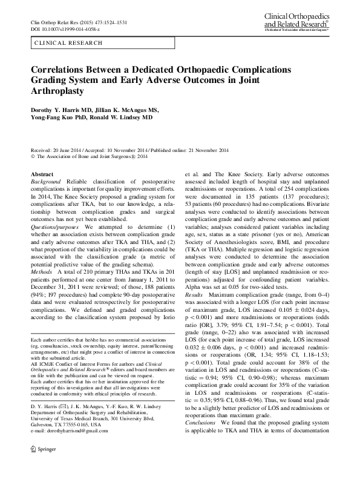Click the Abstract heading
(x=42, y=174)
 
